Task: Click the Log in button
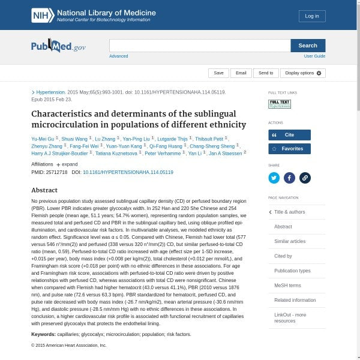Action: (312, 16)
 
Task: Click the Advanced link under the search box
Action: (118, 56)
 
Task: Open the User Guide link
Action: (314, 56)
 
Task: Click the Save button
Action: (218, 73)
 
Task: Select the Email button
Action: (241, 73)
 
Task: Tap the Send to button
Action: (266, 73)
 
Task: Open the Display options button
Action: (303, 73)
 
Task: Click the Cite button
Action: (289, 135)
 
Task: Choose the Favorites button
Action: (289, 148)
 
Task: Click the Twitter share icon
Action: (274, 178)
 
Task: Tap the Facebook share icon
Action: (289, 178)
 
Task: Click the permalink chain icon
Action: (305, 178)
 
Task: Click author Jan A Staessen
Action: (225, 153)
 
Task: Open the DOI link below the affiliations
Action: (128, 172)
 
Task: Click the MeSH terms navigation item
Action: (287, 285)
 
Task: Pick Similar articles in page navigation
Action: (290, 241)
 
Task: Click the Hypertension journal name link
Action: (50, 92)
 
